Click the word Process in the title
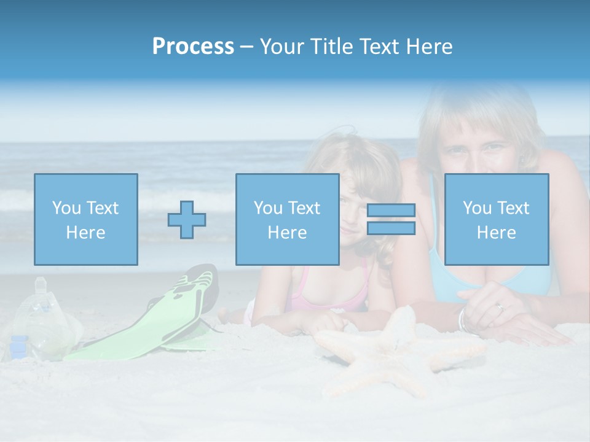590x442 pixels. point(193,47)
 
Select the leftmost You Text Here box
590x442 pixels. point(86,219)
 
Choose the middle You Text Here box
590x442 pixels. point(288,219)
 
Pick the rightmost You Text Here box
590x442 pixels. point(497,219)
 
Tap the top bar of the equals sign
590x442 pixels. point(391,211)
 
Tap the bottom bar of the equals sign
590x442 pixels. point(391,228)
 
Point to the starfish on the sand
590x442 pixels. point(393,350)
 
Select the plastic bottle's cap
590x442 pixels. point(41,283)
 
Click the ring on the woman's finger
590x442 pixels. point(500,307)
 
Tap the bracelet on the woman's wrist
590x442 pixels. point(462,319)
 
